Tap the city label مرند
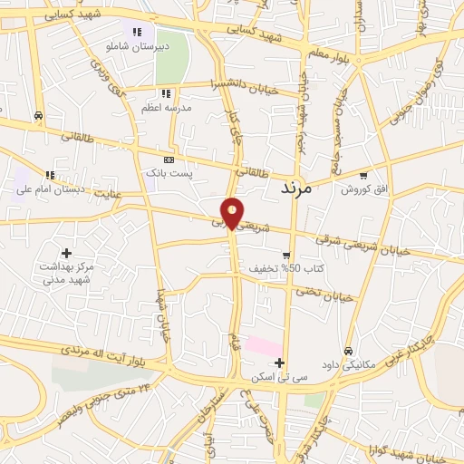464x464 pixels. pyautogui.click(x=295, y=188)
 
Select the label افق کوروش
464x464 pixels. pyautogui.click(x=363, y=189)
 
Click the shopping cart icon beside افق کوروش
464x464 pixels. pyautogui.click(x=363, y=176)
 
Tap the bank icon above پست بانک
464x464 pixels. pyautogui.click(x=169, y=158)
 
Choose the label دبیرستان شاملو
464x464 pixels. pyautogui.click(x=137, y=44)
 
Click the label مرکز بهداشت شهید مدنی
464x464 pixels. pyautogui.click(x=65, y=273)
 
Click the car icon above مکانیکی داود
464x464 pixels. pyautogui.click(x=348, y=351)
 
